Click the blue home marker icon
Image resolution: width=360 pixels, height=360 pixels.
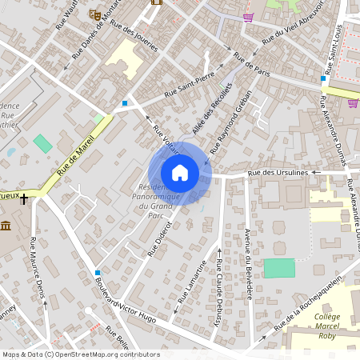180,172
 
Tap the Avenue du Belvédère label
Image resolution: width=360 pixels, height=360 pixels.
248,263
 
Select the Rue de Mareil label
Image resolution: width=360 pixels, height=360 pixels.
75,155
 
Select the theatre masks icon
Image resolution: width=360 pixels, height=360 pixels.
94,14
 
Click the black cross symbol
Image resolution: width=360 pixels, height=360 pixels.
25,198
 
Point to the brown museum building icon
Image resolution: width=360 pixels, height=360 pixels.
6,227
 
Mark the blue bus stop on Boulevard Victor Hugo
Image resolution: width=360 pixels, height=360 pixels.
98,273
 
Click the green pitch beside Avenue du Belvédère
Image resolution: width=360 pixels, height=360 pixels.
279,268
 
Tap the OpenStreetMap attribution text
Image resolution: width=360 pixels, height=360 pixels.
80,354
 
